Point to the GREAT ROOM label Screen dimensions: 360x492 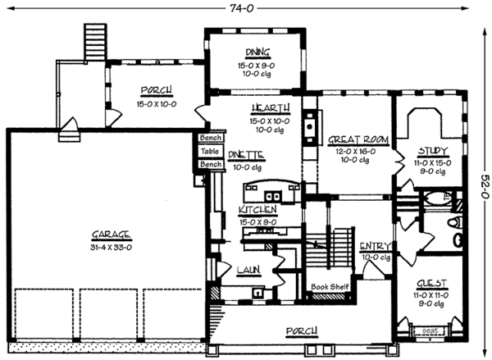coord(352,139)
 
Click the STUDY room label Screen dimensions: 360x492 coord(431,151)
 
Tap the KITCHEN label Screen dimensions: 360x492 coord(257,211)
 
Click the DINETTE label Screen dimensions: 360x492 coord(245,153)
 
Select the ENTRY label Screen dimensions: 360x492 coord(375,245)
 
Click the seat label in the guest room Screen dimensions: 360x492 coord(430,332)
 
